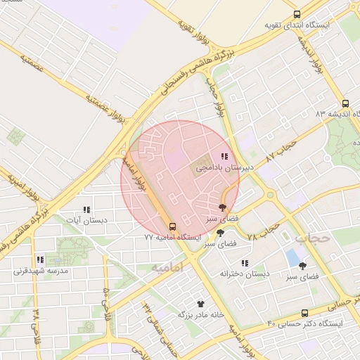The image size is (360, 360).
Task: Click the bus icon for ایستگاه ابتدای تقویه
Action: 297,13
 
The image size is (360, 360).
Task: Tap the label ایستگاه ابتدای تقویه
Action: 296,25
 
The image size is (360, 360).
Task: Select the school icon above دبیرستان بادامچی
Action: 224,157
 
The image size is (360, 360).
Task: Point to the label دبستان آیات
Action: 86,221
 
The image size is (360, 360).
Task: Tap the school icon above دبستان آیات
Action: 86,210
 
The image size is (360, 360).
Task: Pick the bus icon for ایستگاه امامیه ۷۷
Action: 172,226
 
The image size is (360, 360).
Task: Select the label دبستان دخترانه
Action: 245,273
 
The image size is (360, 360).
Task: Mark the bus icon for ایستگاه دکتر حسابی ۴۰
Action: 304,313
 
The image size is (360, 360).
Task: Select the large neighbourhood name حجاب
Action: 311,238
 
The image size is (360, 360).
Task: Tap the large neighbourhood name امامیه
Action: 167,267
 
